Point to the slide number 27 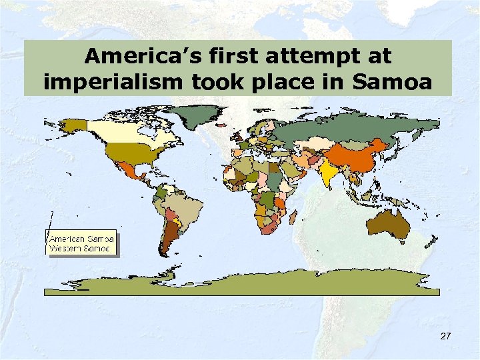445,336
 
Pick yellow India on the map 327,173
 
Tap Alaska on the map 73,125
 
